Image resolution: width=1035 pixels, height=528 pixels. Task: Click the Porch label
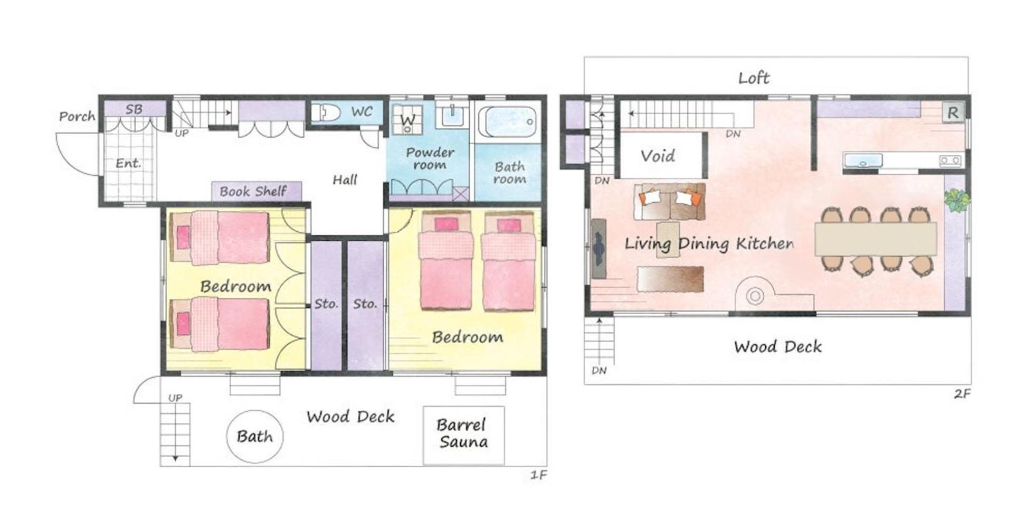click(x=77, y=116)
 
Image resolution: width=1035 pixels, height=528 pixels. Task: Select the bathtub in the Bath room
click(x=507, y=122)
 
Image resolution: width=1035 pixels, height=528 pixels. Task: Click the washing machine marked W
click(x=407, y=119)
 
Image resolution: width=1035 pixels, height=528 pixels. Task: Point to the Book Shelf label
click(x=253, y=191)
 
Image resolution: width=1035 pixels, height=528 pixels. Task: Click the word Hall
click(x=345, y=180)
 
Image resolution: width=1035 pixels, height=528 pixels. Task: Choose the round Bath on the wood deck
click(x=254, y=437)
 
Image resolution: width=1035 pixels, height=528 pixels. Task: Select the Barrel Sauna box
click(x=463, y=435)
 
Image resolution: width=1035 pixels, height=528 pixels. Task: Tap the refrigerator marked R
click(x=953, y=112)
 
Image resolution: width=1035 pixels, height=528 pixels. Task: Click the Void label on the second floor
click(x=658, y=156)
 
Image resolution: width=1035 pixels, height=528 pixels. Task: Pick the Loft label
click(x=753, y=78)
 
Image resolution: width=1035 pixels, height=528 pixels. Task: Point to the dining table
click(x=876, y=239)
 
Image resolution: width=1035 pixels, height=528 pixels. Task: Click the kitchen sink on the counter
click(x=863, y=160)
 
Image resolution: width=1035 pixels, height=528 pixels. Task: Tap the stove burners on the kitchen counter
click(x=950, y=160)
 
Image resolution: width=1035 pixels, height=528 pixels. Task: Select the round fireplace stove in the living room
click(x=755, y=296)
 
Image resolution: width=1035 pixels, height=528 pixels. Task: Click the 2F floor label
click(x=962, y=393)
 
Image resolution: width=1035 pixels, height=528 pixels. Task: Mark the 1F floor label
click(x=538, y=475)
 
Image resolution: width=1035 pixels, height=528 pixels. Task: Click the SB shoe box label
click(x=134, y=109)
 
